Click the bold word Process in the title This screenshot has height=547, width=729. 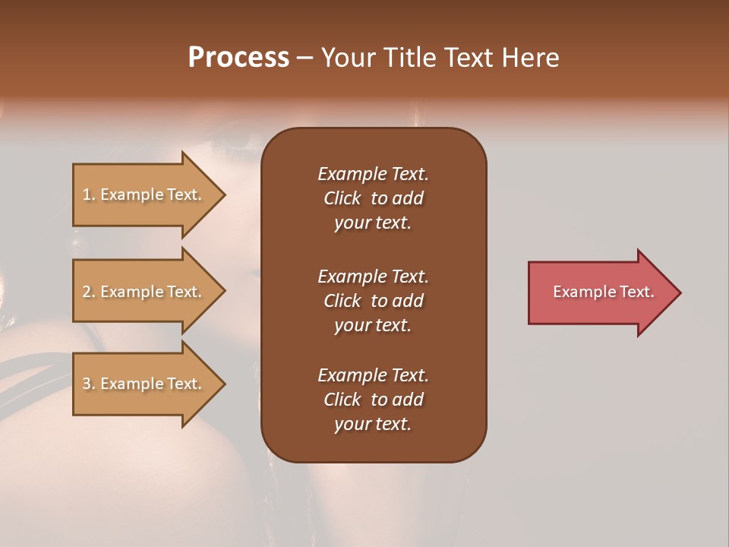[x=238, y=58]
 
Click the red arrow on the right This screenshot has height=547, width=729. [x=600, y=292]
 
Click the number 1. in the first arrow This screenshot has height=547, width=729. [x=89, y=195]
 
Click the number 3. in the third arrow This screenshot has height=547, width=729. [x=89, y=384]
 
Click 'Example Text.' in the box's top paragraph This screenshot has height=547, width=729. [x=373, y=174]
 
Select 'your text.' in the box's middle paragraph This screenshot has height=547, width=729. [x=373, y=325]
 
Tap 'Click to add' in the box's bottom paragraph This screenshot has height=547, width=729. [x=373, y=400]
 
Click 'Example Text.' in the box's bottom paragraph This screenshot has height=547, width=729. [x=373, y=375]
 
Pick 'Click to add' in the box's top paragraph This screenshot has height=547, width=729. [x=373, y=198]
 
